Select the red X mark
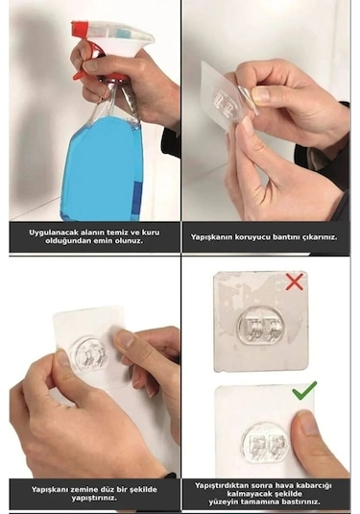pyautogui.click(x=295, y=281)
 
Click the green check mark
pyautogui.click(x=303, y=391)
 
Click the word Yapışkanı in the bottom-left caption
pyautogui.click(x=52, y=489)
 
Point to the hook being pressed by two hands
pyautogui.click(x=89, y=355)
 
